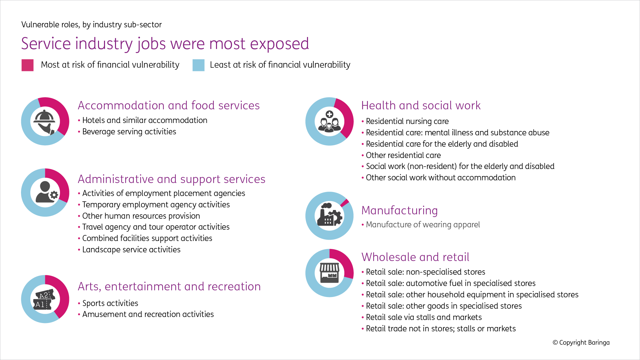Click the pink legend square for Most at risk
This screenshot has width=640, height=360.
click(27, 65)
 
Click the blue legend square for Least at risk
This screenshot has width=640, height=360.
click(198, 65)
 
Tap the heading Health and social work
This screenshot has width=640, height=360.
click(421, 105)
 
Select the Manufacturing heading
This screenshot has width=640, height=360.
click(399, 210)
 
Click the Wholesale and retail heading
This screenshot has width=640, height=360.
click(415, 257)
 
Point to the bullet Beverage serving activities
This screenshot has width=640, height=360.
click(129, 132)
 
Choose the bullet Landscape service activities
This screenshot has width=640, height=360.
click(131, 250)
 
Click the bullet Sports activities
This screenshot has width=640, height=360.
click(110, 303)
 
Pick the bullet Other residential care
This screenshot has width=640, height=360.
click(403, 155)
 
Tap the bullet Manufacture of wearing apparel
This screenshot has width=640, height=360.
click(423, 225)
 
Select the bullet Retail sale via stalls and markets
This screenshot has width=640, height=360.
click(424, 317)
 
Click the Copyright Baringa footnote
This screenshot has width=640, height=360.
click(581, 343)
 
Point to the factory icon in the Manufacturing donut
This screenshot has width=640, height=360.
click(329, 215)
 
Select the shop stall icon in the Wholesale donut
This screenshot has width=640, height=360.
click(329, 273)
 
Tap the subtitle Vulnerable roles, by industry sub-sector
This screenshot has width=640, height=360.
click(91, 25)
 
